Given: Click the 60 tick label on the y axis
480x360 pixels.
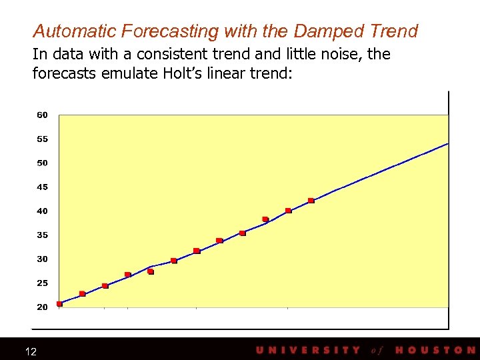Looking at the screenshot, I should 42,115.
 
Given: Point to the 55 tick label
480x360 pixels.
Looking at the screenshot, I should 42,139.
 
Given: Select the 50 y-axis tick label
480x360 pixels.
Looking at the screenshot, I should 42,163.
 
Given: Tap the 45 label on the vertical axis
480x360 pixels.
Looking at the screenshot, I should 42,187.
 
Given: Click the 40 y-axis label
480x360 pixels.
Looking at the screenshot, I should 42,211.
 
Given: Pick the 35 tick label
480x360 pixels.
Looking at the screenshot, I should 42,235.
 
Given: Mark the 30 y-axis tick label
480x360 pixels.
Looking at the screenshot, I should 42,259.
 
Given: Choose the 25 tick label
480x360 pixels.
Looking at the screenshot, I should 42,283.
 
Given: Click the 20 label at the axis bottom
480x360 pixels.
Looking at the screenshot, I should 42,307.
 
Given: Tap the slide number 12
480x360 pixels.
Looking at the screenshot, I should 31,351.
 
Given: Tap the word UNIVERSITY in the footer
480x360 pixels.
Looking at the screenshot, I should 308,350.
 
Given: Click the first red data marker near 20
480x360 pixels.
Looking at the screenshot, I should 60,304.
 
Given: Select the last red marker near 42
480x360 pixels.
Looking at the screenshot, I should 311,201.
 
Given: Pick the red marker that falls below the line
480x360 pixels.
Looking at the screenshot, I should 151,271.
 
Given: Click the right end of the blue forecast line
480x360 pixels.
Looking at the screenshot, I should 447,144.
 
